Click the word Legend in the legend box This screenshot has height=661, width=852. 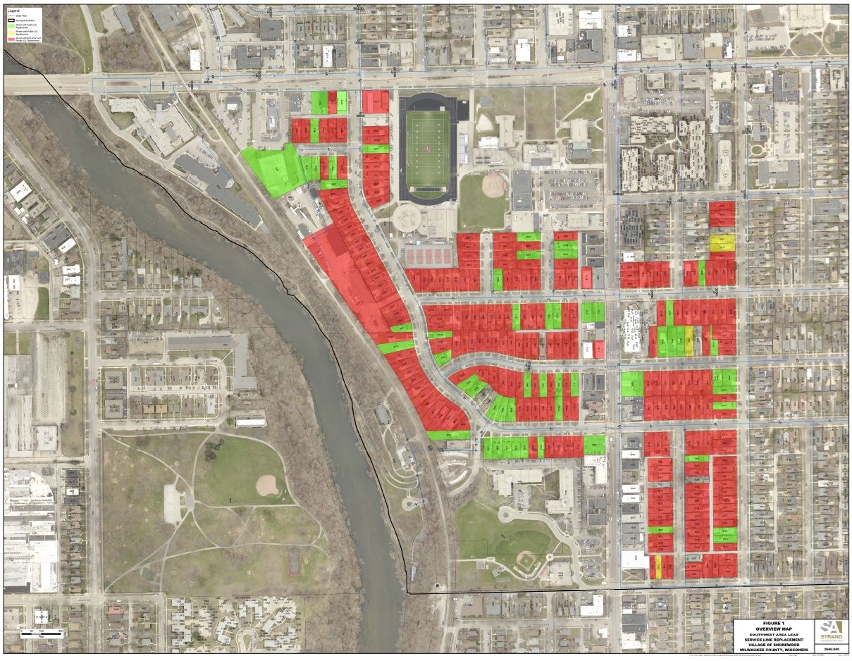(x=13, y=11)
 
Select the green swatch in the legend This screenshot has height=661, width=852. (x=11, y=26)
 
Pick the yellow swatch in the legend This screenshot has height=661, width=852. (x=11, y=32)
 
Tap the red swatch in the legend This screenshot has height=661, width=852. (x=11, y=39)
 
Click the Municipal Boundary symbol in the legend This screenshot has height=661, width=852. (x=11, y=20)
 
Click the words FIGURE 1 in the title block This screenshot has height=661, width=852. (x=774, y=624)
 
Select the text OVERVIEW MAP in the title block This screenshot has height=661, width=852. (x=774, y=629)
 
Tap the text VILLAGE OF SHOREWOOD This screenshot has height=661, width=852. (x=774, y=645)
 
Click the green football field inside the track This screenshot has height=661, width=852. (x=427, y=148)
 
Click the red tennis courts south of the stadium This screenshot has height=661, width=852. (x=428, y=254)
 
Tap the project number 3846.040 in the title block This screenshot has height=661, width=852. (x=832, y=649)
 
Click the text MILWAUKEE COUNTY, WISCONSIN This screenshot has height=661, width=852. (x=774, y=650)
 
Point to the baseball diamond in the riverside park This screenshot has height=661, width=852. (x=266, y=485)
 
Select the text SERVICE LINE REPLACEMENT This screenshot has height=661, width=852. (x=774, y=640)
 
